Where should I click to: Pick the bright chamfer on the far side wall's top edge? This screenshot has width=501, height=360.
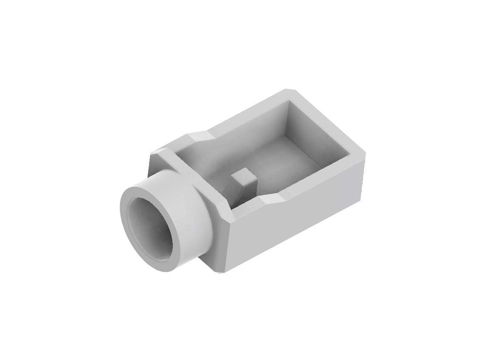(200, 137)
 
